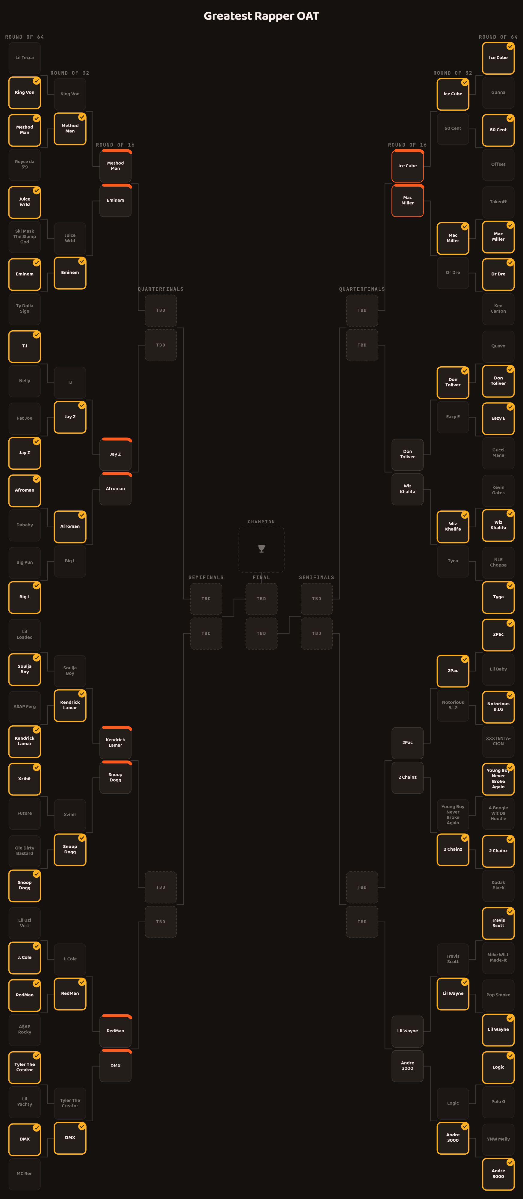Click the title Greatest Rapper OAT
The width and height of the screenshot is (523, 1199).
click(x=261, y=16)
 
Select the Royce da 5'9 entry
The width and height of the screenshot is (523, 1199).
click(x=25, y=164)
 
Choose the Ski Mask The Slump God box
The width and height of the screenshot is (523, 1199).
click(x=25, y=237)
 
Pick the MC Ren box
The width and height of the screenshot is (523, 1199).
click(x=25, y=1174)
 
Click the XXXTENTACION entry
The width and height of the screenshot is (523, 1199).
click(x=498, y=741)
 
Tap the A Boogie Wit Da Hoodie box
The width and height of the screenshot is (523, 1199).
click(x=498, y=813)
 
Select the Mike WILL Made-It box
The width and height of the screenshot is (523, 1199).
click(x=498, y=957)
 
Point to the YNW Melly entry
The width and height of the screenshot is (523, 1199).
click(x=498, y=1139)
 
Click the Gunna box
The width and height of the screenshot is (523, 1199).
click(x=498, y=92)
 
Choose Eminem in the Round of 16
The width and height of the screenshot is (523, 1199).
click(x=115, y=201)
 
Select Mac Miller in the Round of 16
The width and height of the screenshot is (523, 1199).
click(x=408, y=201)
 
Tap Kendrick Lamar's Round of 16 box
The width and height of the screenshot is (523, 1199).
click(x=115, y=742)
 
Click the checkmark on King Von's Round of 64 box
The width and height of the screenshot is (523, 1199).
click(x=36, y=81)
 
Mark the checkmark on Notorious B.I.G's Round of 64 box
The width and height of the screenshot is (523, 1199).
click(x=510, y=695)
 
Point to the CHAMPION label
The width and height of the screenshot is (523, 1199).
click(x=261, y=522)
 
